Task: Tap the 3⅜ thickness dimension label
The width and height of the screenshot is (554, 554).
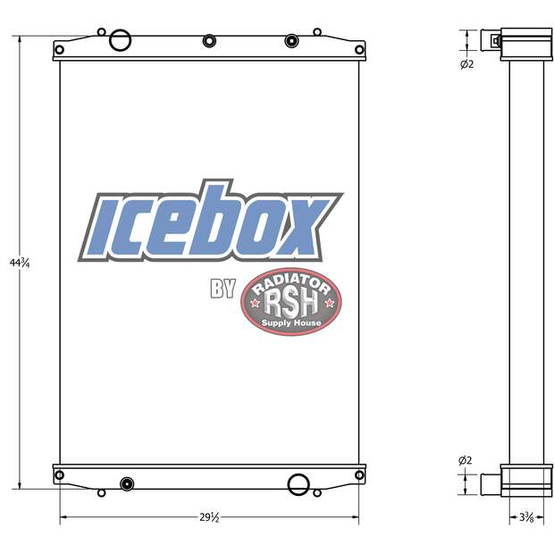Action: [x=527, y=517]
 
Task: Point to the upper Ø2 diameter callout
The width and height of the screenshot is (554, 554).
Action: [x=466, y=63]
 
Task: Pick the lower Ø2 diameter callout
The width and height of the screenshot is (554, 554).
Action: [x=466, y=460]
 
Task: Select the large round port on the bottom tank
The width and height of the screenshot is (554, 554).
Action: [x=298, y=484]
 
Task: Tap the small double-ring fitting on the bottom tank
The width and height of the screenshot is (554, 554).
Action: [x=126, y=484]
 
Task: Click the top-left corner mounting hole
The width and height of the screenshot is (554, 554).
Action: [x=59, y=49]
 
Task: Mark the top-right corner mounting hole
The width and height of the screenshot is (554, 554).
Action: [x=359, y=49]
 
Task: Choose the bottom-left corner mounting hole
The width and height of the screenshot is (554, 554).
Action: [x=59, y=475]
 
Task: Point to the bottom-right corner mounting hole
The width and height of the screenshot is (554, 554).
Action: [x=359, y=475]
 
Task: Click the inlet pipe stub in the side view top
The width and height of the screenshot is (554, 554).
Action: [x=492, y=40]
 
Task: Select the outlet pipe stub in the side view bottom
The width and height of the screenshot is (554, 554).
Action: [x=491, y=483]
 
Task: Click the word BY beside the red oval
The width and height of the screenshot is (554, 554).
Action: [x=222, y=290]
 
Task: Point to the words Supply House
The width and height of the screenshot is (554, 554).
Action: [x=291, y=323]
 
